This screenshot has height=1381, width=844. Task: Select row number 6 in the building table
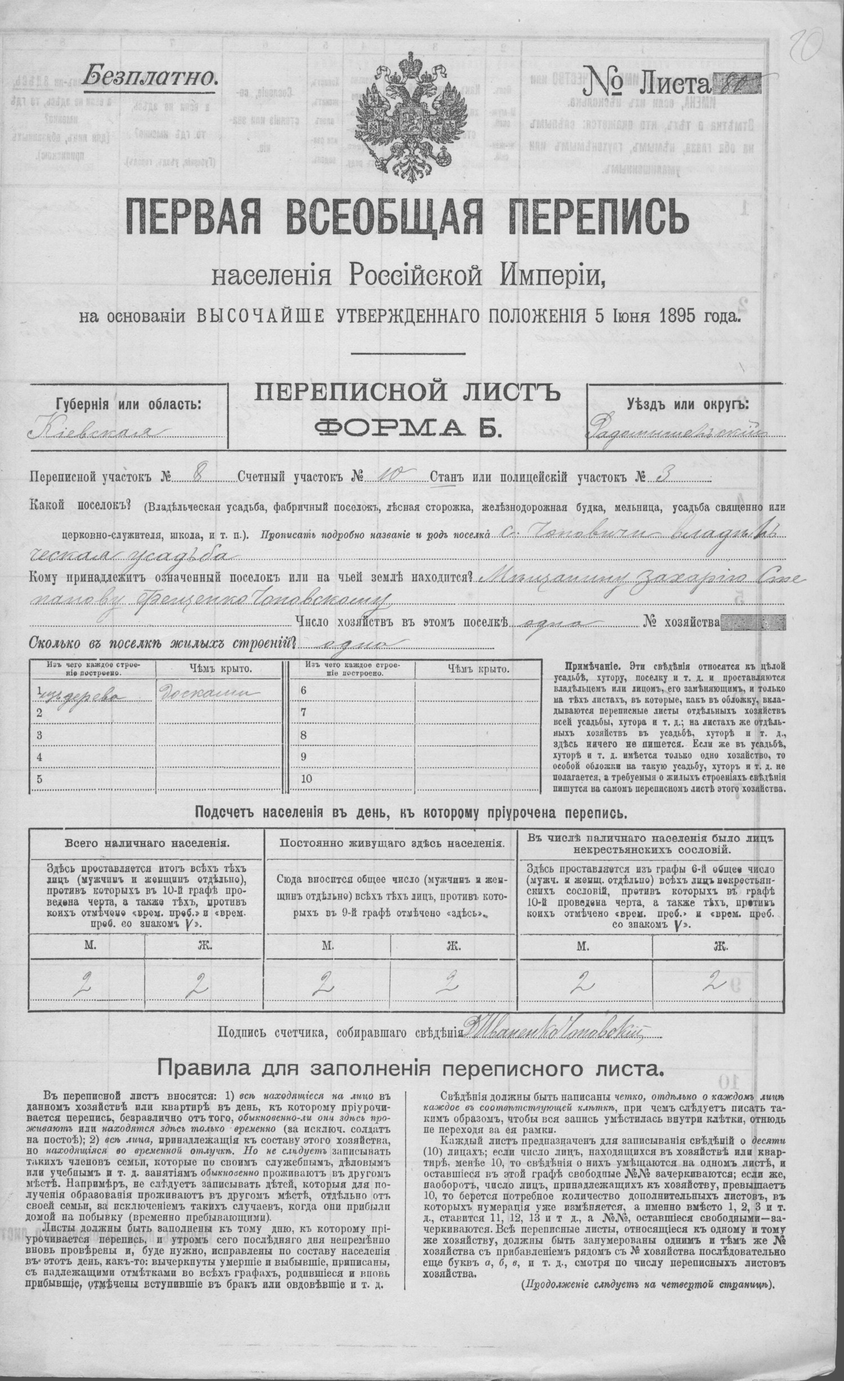click(305, 690)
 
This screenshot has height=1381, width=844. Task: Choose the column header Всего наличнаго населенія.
click(146, 843)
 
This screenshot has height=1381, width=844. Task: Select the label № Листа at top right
click(658, 83)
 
